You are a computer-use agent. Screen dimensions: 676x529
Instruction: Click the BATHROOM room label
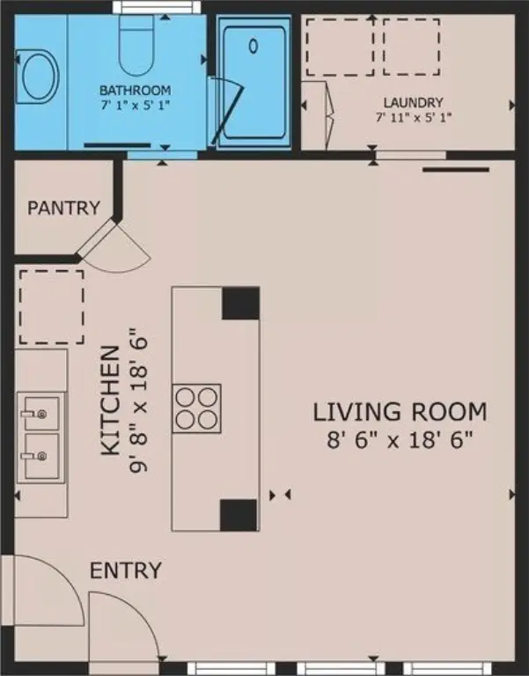[135, 91]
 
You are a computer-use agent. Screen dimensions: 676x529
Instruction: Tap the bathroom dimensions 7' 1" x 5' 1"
[135, 105]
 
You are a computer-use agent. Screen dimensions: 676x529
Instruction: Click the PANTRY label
[63, 209]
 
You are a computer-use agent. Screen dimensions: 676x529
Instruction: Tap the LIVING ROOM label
[400, 411]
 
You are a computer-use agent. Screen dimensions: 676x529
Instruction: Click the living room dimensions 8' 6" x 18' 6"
[400, 439]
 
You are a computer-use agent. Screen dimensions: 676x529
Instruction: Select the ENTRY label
[126, 570]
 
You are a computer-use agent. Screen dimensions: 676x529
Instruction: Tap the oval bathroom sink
[39, 76]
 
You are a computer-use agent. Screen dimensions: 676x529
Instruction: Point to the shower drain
[253, 45]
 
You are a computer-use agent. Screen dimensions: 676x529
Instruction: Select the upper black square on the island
[240, 303]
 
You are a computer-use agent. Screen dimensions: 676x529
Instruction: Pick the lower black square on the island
[238, 515]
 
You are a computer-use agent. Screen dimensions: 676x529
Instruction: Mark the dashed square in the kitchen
[51, 306]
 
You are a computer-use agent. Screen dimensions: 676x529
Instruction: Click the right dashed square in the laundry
[410, 45]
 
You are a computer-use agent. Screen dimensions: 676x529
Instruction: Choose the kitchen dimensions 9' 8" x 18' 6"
[138, 400]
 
